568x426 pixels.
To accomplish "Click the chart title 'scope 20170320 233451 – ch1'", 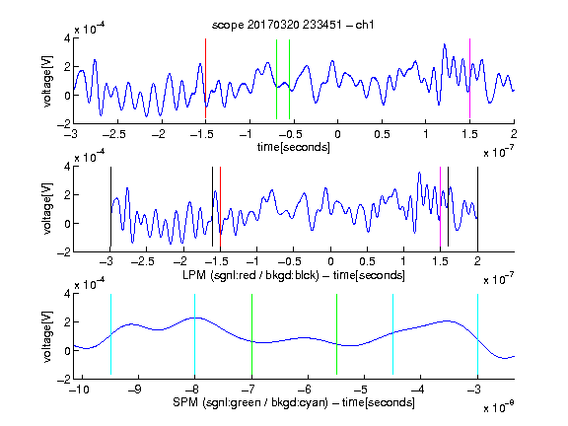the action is [x=293, y=25].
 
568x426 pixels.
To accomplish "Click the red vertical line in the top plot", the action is [x=205, y=78].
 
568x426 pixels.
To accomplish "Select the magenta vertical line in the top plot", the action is [x=469, y=78].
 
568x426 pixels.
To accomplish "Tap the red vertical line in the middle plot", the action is [x=220, y=206].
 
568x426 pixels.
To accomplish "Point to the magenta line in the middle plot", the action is [x=440, y=206].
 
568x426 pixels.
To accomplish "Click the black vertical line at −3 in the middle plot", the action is [x=110, y=206].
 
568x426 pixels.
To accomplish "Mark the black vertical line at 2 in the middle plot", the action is [x=477, y=206].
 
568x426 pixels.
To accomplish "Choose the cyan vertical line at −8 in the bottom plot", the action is [x=195, y=334].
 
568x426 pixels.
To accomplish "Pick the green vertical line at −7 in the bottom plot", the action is [x=251, y=334].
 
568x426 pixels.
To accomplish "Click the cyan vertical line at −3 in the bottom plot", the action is [x=477, y=334].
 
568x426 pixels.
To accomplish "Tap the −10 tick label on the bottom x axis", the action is [x=79, y=390].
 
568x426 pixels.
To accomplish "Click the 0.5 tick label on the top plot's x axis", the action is [x=382, y=134].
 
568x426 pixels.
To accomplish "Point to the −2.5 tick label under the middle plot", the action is [x=143, y=261].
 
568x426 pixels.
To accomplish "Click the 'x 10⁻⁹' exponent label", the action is [x=498, y=407].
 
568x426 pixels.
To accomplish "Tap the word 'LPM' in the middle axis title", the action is [x=194, y=275].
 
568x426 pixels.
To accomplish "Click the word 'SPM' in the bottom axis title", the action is [x=185, y=402].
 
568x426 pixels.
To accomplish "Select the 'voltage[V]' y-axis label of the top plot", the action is [x=47, y=81].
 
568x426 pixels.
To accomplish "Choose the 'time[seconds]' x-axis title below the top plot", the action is [x=294, y=147].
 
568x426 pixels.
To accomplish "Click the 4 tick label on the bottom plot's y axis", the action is [x=67, y=294].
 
